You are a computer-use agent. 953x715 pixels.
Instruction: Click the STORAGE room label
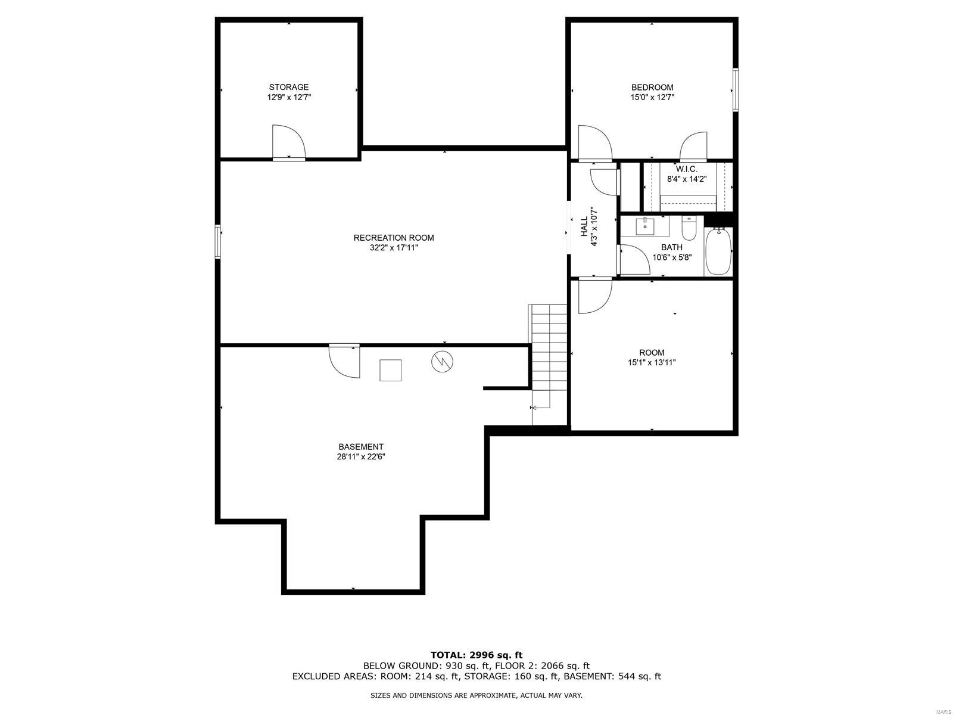[289, 87]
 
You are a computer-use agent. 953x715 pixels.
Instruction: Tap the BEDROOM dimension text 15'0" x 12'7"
[652, 98]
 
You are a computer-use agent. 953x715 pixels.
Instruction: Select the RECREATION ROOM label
[394, 238]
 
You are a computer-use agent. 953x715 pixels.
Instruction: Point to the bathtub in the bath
[718, 251]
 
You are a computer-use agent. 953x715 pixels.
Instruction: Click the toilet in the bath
[689, 228]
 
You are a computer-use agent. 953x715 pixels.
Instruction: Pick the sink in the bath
[645, 226]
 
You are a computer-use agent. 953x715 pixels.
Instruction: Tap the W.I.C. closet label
[686, 169]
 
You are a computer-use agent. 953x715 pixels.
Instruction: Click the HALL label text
[584, 226]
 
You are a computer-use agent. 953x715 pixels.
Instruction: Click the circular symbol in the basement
[442, 361]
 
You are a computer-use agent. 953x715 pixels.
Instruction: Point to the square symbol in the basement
[390, 370]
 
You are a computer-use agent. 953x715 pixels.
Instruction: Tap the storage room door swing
[289, 142]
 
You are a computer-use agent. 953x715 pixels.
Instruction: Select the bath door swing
[634, 260]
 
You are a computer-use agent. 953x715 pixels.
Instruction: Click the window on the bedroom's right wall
[736, 90]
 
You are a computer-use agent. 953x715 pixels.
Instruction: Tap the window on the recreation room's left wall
[218, 242]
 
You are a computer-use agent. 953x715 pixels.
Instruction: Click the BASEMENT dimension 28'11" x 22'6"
[361, 456]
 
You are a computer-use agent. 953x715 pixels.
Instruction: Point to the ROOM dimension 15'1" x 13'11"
[652, 362]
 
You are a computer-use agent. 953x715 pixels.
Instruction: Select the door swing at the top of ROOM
[595, 295]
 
